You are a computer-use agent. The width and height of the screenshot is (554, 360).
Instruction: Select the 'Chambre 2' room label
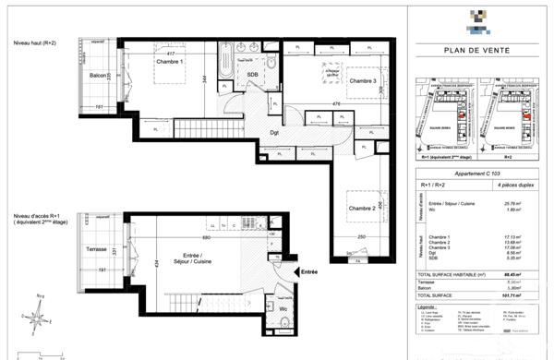361,209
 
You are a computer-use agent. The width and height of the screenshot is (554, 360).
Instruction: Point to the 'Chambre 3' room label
363,82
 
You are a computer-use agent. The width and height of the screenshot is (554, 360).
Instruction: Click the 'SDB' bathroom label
250,76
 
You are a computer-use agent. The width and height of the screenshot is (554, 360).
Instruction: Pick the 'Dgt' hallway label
274,131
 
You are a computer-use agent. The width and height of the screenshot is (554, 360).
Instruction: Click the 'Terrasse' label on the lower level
97,249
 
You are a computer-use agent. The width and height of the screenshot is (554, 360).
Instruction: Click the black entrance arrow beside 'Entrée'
297,273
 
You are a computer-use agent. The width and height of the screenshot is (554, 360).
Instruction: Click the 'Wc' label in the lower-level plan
283,308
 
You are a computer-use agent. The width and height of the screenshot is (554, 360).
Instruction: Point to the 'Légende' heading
428,306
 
